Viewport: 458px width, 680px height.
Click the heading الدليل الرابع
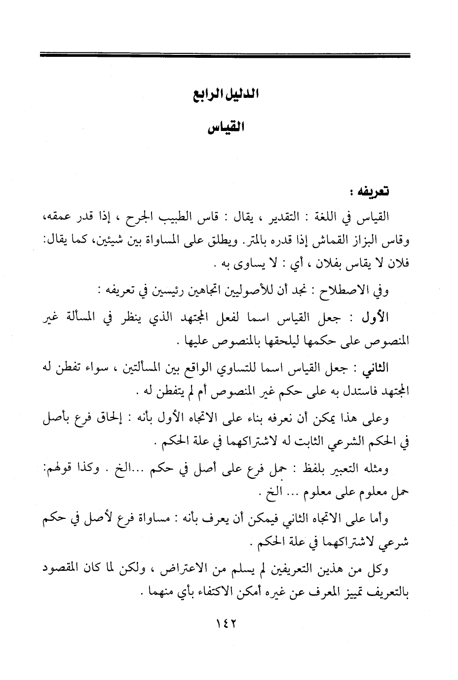pos(226,94)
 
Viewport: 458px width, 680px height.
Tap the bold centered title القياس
pos(226,128)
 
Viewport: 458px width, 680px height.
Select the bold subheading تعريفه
pos(373,191)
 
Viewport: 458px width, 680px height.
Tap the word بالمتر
pos(253,241)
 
